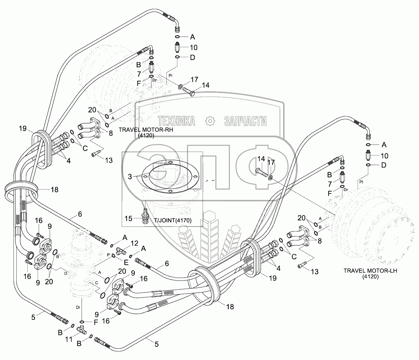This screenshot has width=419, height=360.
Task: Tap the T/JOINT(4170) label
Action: click(x=173, y=220)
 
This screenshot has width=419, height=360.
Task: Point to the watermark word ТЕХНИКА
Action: click(x=176, y=121)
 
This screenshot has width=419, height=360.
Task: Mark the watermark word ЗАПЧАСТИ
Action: click(x=245, y=121)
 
